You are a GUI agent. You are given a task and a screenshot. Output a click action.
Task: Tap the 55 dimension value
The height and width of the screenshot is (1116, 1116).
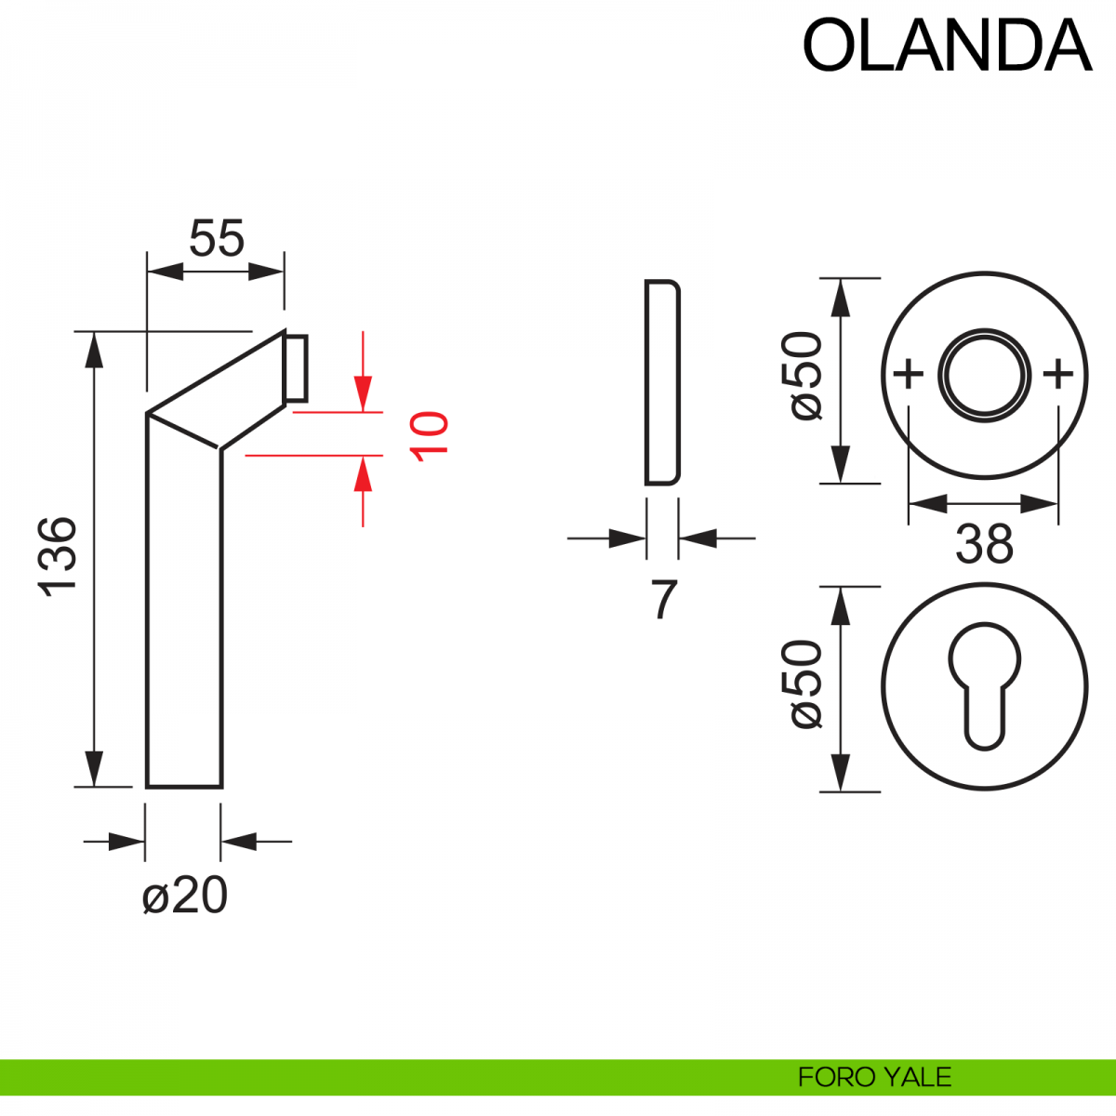[216, 238]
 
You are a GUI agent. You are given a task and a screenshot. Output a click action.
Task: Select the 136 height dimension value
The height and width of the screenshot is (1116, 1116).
[58, 555]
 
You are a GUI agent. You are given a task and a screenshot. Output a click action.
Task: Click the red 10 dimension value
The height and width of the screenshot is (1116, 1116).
[430, 433]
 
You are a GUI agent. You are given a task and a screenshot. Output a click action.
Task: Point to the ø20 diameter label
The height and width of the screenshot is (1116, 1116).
[185, 897]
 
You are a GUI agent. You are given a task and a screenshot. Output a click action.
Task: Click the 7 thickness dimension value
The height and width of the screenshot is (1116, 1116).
[663, 600]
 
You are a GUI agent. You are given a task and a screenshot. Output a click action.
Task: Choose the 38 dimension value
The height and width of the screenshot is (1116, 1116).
[983, 544]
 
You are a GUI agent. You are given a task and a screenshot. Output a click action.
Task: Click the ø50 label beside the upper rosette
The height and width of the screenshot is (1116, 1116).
[806, 377]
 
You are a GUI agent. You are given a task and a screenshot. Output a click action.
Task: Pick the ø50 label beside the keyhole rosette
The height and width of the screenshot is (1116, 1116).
[806, 684]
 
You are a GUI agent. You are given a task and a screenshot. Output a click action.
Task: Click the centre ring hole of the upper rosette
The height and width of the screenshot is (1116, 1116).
[984, 375]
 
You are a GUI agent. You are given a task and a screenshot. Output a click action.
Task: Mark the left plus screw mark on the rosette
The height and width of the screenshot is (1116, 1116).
[908, 375]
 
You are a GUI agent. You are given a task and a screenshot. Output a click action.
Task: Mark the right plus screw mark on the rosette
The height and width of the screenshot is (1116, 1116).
[1058, 375]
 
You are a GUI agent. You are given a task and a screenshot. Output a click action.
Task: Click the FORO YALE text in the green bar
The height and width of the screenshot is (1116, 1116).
[874, 1077]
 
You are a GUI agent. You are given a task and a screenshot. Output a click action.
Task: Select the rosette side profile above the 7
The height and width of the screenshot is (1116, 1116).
[662, 382]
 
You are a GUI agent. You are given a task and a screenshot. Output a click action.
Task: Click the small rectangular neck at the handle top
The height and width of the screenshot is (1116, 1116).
[297, 368]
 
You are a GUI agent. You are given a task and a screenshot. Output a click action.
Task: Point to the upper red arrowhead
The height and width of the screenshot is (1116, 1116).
[363, 391]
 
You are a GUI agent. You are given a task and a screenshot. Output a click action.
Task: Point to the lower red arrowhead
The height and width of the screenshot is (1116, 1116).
[363, 475]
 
